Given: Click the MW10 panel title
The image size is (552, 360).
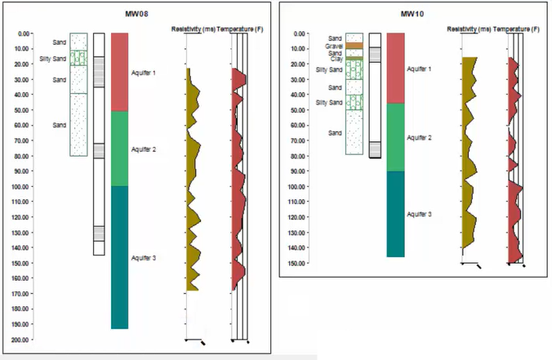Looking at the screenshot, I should [x=412, y=15].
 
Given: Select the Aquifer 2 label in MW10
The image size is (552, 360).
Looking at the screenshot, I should [x=419, y=138].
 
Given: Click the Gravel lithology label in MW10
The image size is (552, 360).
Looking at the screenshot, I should [x=333, y=46].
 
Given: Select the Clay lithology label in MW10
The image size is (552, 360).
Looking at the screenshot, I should [x=336, y=59].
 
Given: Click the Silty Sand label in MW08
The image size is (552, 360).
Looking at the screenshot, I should [x=52, y=59].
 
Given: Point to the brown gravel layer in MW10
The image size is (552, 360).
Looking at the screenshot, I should [x=354, y=46].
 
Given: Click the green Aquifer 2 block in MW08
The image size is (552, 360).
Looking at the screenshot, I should [x=120, y=149].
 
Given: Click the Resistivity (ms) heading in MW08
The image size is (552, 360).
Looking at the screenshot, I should [x=193, y=29].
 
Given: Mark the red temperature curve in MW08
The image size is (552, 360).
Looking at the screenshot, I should [x=236, y=180].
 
